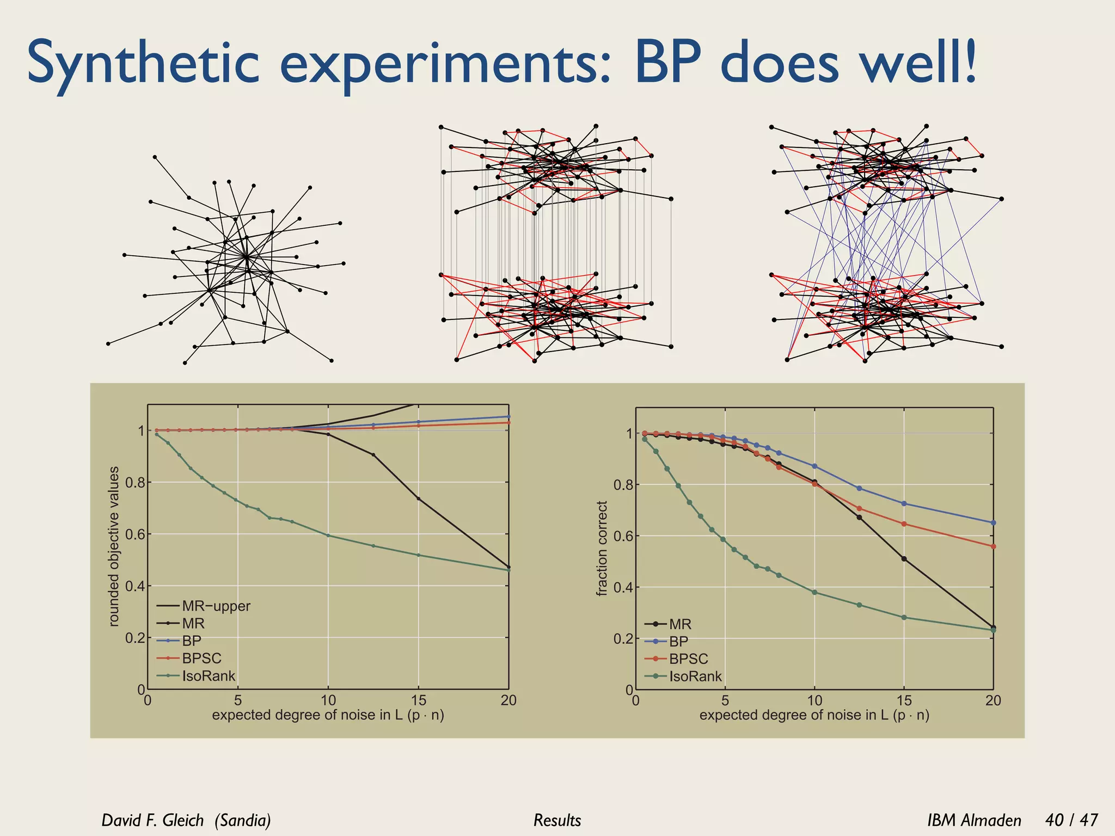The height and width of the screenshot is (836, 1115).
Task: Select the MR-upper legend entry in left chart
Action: (x=216, y=606)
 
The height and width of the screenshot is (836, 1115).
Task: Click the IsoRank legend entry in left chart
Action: (x=208, y=676)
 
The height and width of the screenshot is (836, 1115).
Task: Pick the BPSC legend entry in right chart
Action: (x=688, y=659)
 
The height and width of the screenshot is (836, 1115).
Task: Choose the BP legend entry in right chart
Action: (x=678, y=641)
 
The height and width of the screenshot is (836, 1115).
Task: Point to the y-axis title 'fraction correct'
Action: (x=602, y=549)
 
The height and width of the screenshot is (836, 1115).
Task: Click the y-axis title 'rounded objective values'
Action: (x=114, y=546)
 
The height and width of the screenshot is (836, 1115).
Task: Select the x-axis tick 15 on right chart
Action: (x=904, y=700)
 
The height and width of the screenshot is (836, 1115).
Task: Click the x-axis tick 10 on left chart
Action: (x=328, y=700)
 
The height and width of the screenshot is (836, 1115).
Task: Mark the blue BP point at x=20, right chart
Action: (x=993, y=522)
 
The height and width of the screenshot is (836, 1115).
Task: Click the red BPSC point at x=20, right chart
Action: (x=993, y=546)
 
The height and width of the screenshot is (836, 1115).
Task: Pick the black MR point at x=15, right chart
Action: (x=904, y=559)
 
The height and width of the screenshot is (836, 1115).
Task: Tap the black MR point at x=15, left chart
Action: (x=418, y=499)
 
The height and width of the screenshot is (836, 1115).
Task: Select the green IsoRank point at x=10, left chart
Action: (x=328, y=536)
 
